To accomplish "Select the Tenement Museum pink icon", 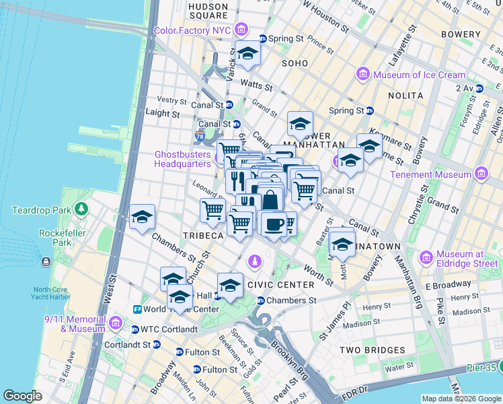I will click(481, 174).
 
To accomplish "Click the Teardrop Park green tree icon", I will click(81, 209).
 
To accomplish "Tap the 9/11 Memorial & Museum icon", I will click(116, 324).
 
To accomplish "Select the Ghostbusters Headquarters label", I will click(183, 158).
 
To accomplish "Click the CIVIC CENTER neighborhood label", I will click(281, 285).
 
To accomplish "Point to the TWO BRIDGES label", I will click(372, 350).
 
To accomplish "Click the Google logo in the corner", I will click(23, 396).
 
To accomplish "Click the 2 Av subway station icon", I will click(479, 88).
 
